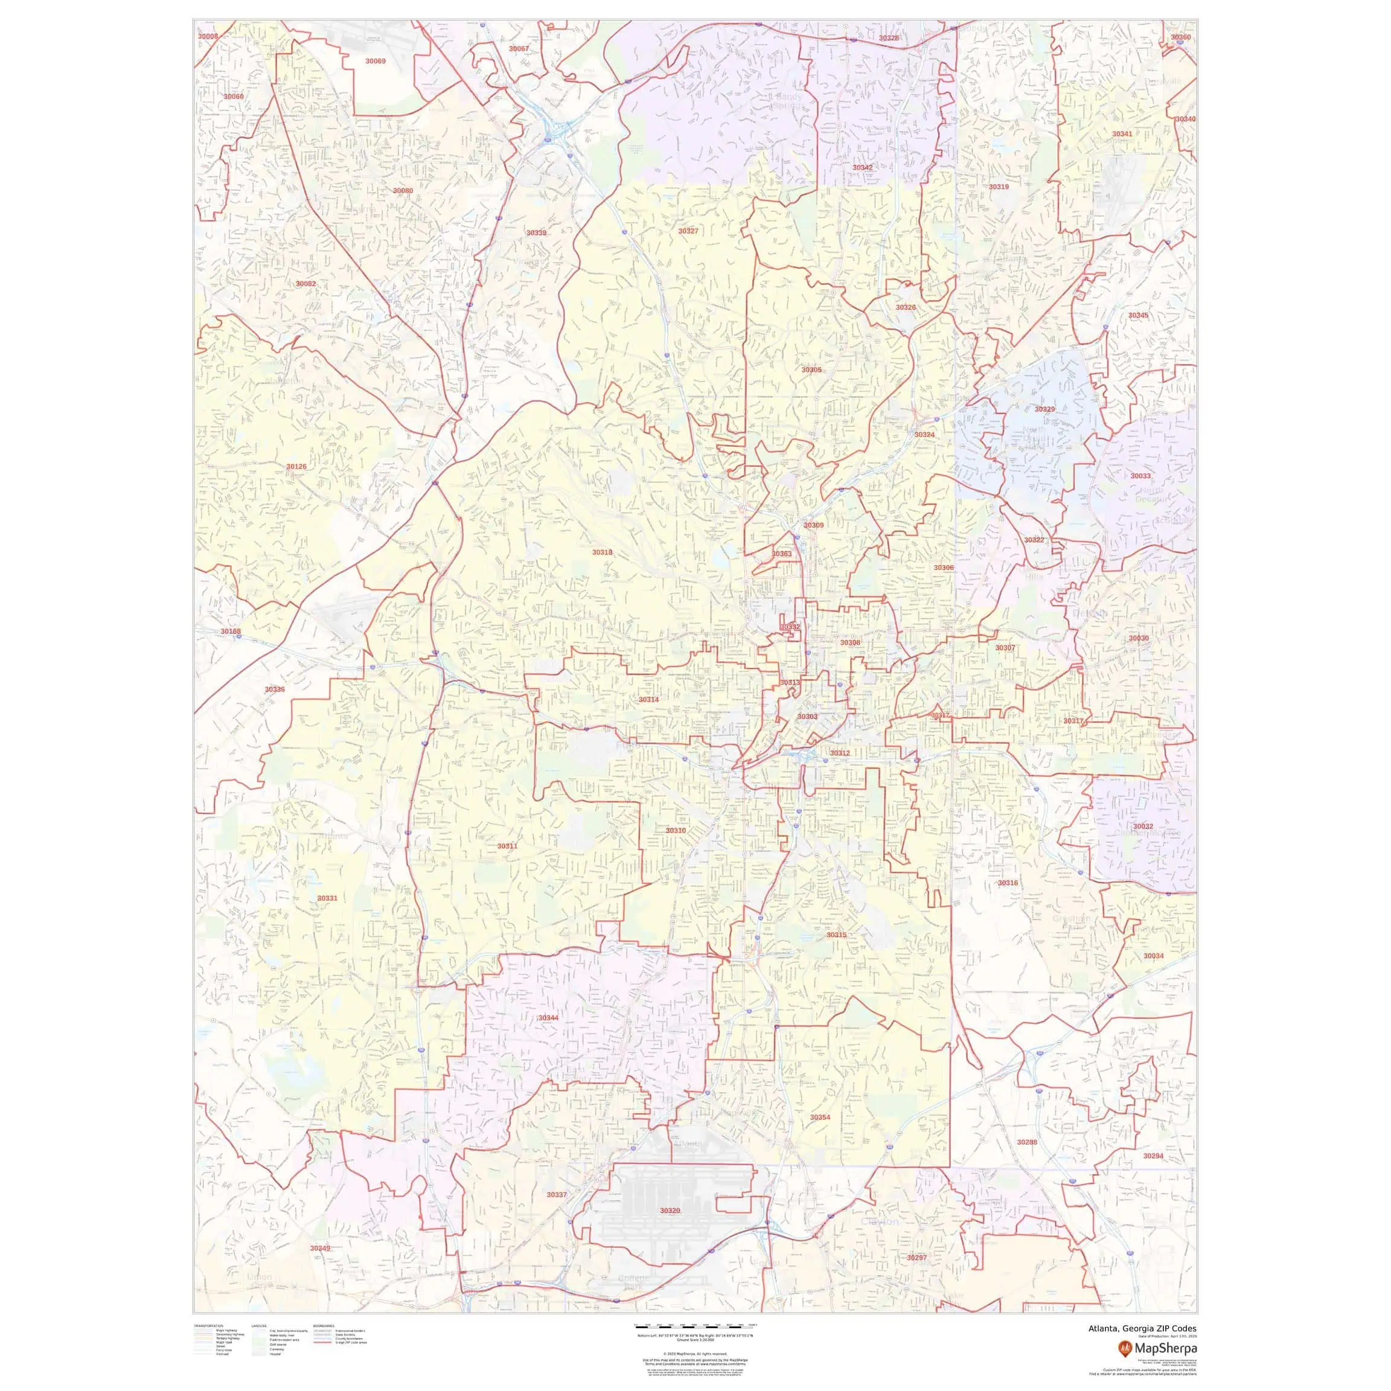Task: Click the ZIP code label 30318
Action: tap(602, 552)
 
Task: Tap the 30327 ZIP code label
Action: tap(688, 231)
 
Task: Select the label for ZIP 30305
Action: tap(811, 369)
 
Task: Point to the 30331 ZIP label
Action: tap(327, 898)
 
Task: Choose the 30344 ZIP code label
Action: tap(548, 1018)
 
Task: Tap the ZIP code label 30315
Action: tap(836, 935)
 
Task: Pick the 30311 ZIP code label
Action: tap(507, 846)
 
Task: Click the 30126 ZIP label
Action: tap(296, 467)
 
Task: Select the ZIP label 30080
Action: tap(403, 191)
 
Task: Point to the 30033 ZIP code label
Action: tap(1140, 476)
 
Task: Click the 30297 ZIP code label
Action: tap(916, 1278)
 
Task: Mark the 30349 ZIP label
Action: tap(321, 1268)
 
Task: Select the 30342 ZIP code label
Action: tap(863, 167)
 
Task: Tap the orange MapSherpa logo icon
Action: tap(1125, 1347)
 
